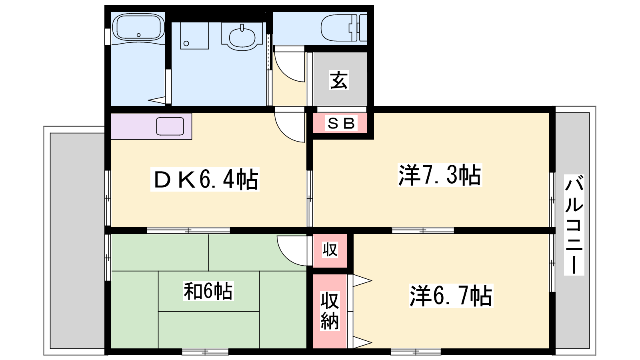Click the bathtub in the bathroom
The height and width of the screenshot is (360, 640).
click(138, 27)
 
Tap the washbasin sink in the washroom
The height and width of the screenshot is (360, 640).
click(242, 37)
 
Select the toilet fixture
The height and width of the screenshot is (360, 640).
click(344, 28)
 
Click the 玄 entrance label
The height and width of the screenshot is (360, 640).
click(339, 80)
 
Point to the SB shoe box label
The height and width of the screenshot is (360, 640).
click(341, 123)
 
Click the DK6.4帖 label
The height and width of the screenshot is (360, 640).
click(205, 180)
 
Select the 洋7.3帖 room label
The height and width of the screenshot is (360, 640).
click(440, 175)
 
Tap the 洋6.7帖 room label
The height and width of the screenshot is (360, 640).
click(451, 296)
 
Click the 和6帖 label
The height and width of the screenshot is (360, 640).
click(208, 291)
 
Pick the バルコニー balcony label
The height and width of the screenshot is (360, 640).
click(574, 225)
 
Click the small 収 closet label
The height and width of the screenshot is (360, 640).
click(330, 250)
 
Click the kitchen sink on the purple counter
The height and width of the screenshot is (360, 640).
click(170, 126)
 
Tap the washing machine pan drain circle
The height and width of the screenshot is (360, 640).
click(186, 44)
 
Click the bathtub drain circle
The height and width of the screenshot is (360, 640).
click(138, 35)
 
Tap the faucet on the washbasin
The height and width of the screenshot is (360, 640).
click(242, 28)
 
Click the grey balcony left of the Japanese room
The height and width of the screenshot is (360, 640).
click(77, 241)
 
